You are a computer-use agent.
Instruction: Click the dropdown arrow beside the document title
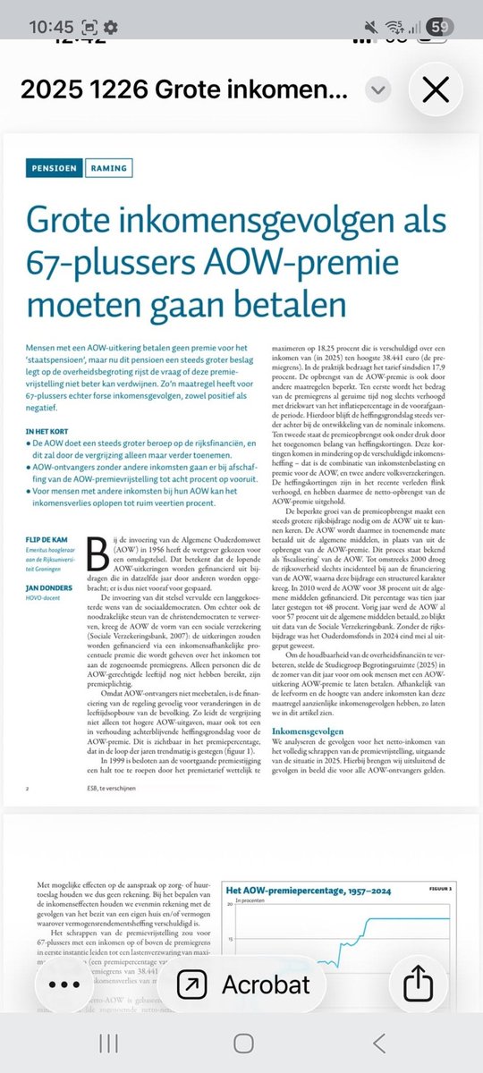[379, 89]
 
